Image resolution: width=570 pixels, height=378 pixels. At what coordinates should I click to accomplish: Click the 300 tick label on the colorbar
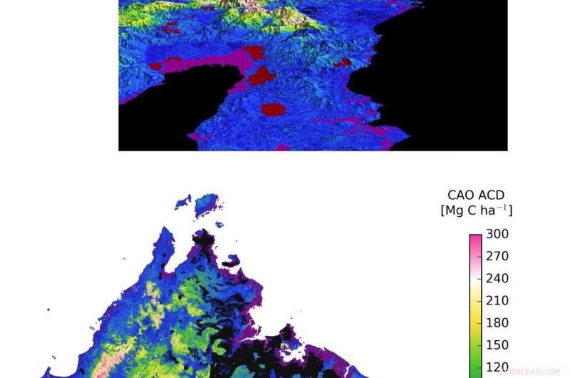pyautogui.click(x=497, y=234)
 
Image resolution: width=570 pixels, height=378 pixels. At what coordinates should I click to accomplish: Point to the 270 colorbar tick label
pyautogui.click(x=497, y=256)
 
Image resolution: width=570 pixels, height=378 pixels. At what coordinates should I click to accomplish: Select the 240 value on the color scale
pyautogui.click(x=497, y=278)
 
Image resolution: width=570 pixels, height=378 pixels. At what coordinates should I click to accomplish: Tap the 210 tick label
pyautogui.click(x=497, y=300)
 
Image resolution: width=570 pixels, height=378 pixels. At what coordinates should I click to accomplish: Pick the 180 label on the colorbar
pyautogui.click(x=497, y=322)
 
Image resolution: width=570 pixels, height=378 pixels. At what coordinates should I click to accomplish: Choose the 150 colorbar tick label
pyautogui.click(x=497, y=344)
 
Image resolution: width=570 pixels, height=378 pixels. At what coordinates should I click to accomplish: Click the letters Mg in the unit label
pyautogui.click(x=459, y=210)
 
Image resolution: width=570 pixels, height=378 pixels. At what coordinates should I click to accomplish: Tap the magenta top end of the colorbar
pyautogui.click(x=475, y=239)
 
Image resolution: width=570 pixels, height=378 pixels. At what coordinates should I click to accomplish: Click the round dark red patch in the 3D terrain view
pyautogui.click(x=273, y=109)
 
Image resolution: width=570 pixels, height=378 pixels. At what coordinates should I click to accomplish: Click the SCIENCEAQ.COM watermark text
pyautogui.click(x=530, y=371)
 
